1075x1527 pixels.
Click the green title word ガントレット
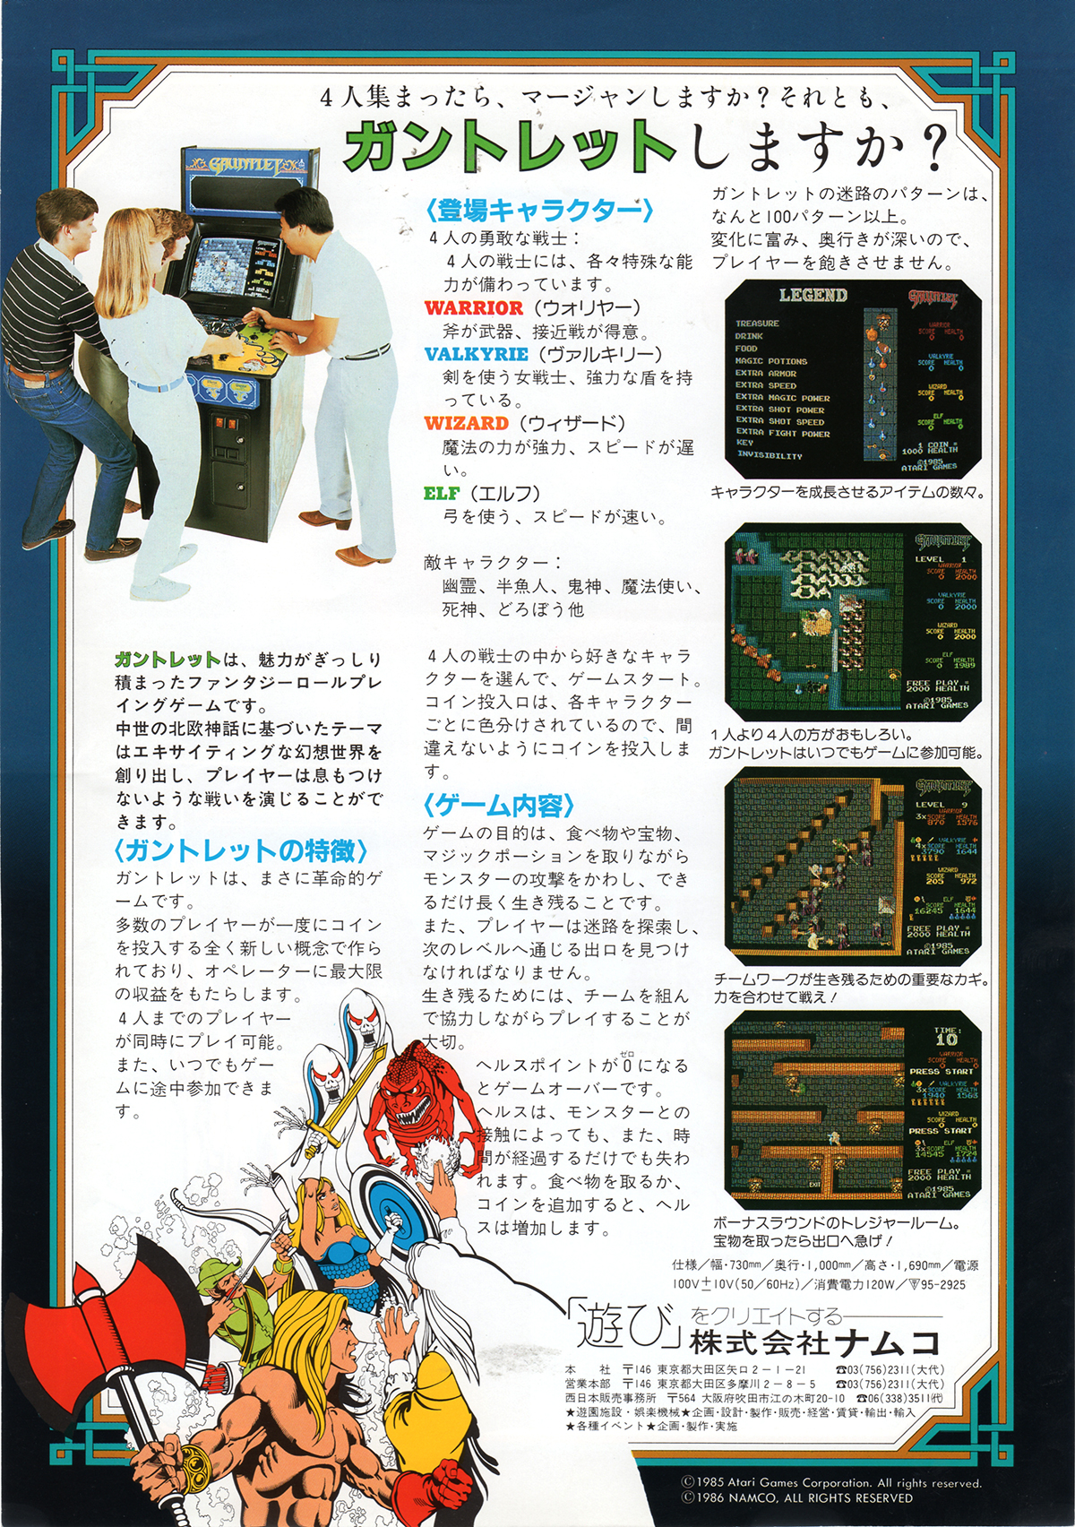(509, 146)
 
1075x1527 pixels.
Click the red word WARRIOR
(474, 308)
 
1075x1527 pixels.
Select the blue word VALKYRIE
(477, 355)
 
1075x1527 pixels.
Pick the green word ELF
(442, 494)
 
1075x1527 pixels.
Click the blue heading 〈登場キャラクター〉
(540, 211)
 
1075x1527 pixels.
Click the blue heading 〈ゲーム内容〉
(499, 806)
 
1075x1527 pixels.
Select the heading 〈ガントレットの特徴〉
(241, 850)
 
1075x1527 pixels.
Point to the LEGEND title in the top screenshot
(813, 296)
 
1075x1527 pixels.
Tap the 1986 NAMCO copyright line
(796, 1497)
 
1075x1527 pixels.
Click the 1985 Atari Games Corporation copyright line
(830, 1483)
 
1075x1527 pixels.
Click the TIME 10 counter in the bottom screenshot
(946, 1038)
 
